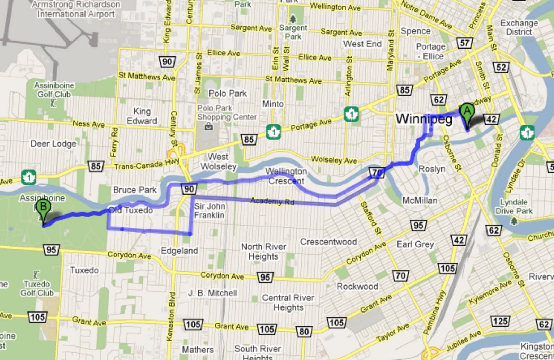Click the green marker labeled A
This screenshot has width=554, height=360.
[467, 113]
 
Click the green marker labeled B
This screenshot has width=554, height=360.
[43, 208]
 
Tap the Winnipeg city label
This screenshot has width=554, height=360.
[424, 120]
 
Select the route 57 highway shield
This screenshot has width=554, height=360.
[464, 43]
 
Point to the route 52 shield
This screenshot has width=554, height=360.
[501, 67]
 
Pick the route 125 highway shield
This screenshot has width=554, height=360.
[500, 321]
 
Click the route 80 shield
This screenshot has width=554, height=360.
[304, 332]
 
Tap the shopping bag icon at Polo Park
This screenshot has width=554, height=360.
[208, 126]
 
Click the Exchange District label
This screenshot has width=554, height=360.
[519, 27]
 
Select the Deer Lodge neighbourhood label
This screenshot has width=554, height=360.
[53, 144]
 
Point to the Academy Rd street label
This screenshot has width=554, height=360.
[272, 201]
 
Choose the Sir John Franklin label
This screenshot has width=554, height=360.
[209, 211]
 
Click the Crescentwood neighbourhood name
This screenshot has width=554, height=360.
[328, 242]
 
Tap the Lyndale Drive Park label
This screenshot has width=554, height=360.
[514, 207]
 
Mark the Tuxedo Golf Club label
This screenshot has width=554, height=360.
[37, 288]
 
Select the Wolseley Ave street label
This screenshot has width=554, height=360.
[334, 160]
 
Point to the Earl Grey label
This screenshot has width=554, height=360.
[415, 244]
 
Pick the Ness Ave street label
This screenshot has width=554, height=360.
[89, 124]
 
